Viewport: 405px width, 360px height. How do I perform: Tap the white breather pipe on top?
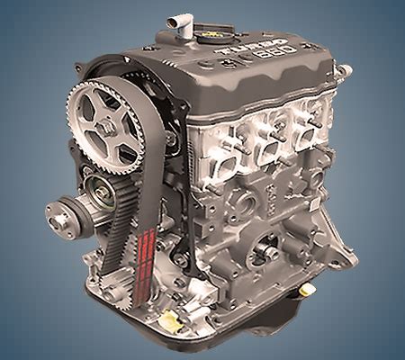[187, 32]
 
